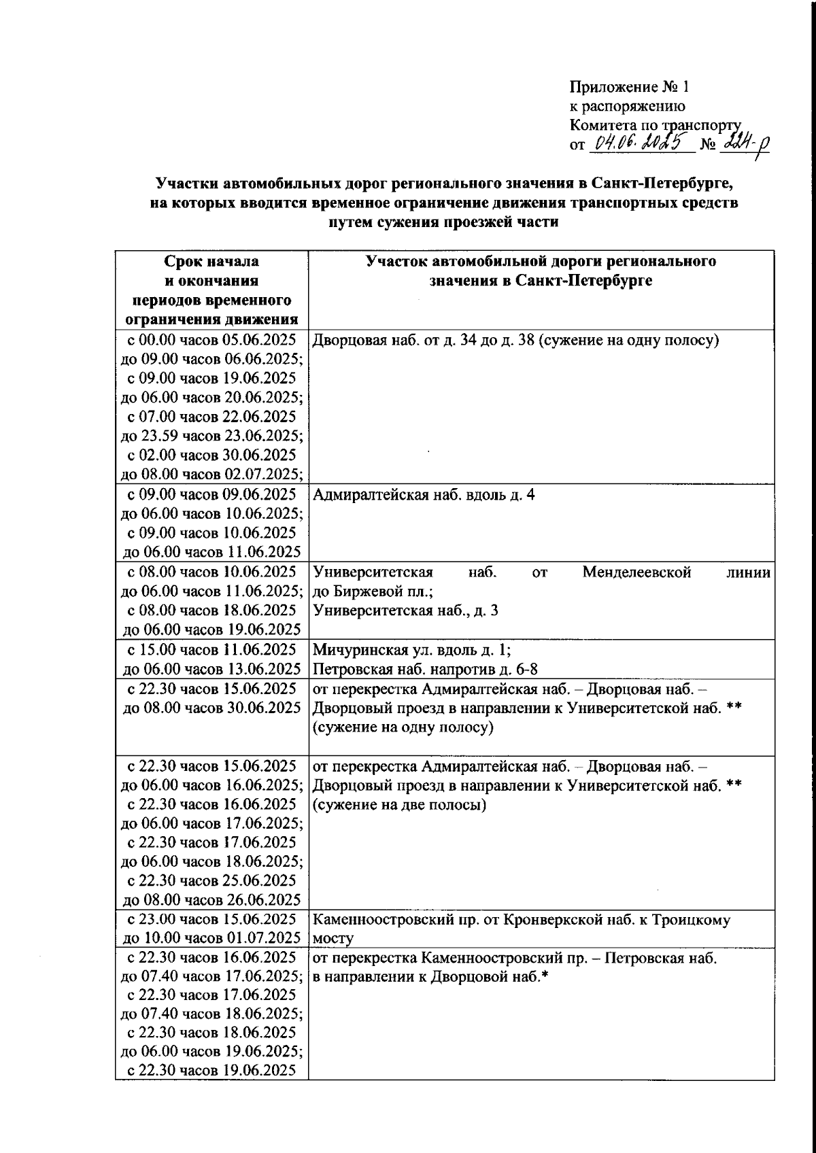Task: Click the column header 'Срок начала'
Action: point(211,262)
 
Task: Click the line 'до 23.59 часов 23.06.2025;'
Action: point(211,436)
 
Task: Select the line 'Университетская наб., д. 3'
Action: point(405,610)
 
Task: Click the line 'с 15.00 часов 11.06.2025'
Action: point(211,649)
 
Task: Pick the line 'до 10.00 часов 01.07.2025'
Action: point(211,939)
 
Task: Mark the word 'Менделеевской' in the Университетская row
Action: point(636,572)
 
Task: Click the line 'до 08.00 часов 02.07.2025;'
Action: point(211,474)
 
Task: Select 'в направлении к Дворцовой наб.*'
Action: point(430,977)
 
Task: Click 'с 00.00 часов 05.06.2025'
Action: point(211,340)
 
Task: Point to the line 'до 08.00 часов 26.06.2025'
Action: point(211,900)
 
